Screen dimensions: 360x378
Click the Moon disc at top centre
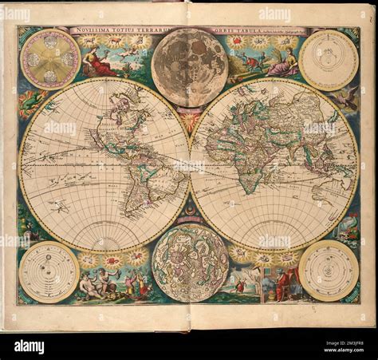click(189, 67)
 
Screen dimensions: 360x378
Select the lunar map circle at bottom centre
click(190, 262)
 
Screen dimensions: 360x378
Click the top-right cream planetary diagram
click(329, 60)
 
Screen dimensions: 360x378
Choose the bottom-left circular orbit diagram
click(49, 271)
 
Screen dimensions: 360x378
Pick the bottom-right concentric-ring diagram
click(329, 271)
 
